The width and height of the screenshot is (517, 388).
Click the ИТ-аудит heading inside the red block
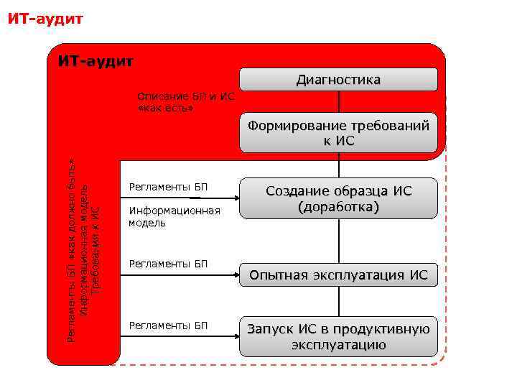tap(96, 62)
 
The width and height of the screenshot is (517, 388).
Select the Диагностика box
tap(338, 79)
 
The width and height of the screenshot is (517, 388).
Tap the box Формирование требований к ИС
tap(338, 133)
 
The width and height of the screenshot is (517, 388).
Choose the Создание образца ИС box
tap(338, 191)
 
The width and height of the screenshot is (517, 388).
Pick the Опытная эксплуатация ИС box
tap(338, 275)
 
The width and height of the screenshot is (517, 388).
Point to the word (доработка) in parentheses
tap(338, 207)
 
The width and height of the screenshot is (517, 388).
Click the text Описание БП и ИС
tap(185, 96)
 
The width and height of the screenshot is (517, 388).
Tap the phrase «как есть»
tap(165, 108)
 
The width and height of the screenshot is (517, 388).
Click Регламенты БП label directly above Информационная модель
tap(167, 188)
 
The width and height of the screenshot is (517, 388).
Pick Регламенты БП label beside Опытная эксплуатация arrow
tap(167, 264)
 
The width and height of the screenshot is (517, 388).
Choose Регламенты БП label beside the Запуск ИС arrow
tap(167, 325)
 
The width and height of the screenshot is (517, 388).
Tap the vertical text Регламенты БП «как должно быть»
tap(71, 244)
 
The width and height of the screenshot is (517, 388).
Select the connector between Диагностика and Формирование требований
tap(338, 101)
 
